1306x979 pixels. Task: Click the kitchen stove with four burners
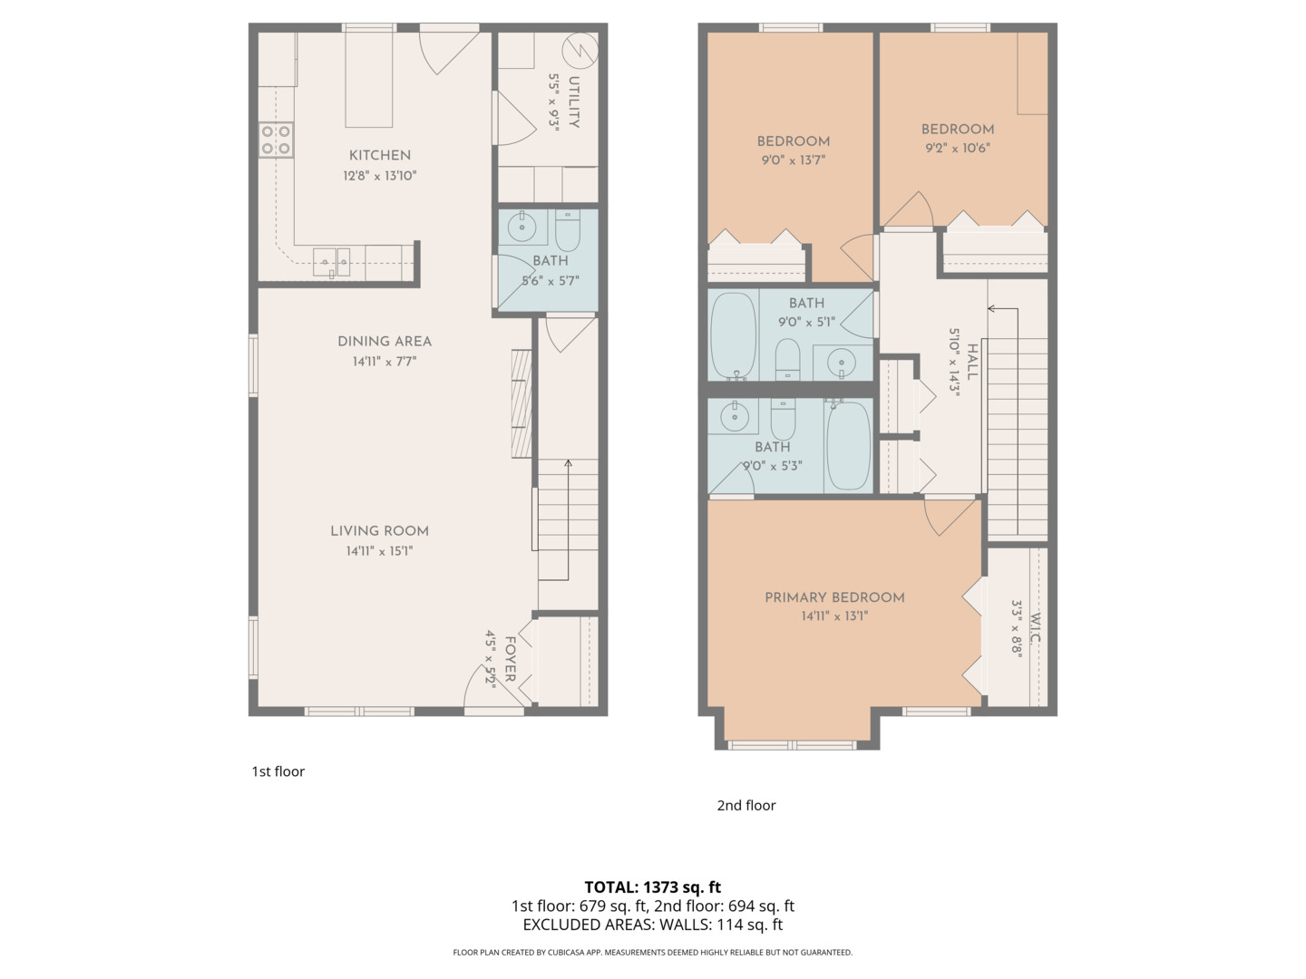click(276, 140)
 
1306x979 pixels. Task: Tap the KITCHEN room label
click(380, 155)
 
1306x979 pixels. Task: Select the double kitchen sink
click(331, 261)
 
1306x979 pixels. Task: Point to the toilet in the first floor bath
click(568, 232)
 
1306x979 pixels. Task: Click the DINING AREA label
click(385, 342)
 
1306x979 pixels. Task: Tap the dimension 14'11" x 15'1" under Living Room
click(379, 550)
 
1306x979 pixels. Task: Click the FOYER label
click(510, 659)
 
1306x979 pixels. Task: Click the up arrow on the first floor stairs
click(568, 465)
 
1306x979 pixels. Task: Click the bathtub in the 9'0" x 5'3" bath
click(848, 445)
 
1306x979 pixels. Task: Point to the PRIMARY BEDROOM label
click(834, 597)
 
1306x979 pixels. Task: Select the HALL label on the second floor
click(972, 362)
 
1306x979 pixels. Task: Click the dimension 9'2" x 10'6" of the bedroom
click(958, 148)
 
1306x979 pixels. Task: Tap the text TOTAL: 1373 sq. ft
click(652, 887)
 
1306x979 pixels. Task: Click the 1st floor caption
click(278, 771)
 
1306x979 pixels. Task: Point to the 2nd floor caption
click(746, 805)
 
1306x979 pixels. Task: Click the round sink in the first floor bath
click(522, 228)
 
